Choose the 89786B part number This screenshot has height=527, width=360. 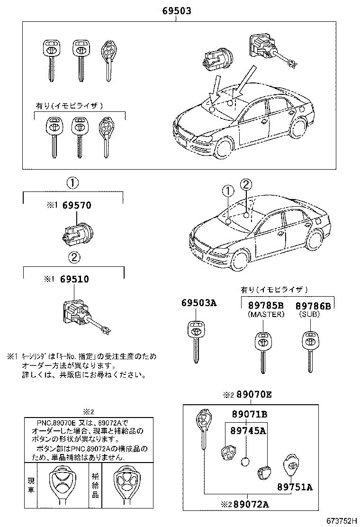[313, 306]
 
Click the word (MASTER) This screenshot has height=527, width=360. [266, 314]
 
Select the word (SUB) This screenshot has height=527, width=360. [310, 314]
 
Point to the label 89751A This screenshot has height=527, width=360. [295, 487]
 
